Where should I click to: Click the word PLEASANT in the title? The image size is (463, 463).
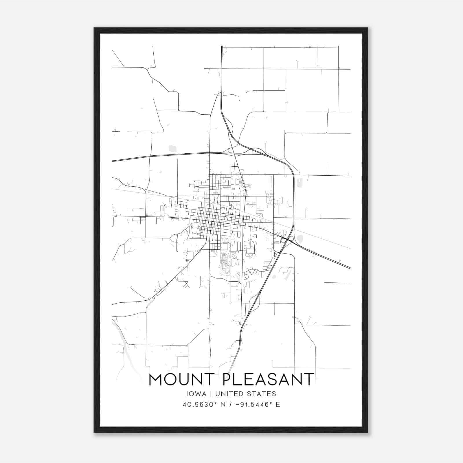[269, 379]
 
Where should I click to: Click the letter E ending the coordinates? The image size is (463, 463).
[278, 405]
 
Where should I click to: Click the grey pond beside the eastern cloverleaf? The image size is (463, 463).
[300, 239]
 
